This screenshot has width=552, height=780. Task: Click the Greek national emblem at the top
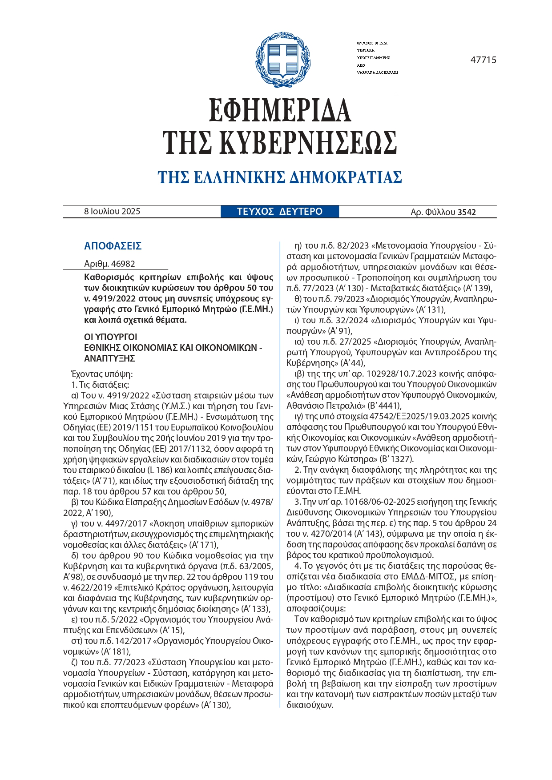point(282,60)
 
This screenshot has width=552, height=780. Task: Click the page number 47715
point(483,60)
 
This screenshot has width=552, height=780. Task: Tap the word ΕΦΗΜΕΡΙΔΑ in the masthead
point(280,111)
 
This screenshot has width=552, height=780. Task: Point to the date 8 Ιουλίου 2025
point(112,212)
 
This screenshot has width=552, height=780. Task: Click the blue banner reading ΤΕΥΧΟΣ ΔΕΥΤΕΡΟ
point(280,212)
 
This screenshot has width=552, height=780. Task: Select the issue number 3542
point(467,213)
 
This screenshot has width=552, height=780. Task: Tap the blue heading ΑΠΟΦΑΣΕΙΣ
point(113,246)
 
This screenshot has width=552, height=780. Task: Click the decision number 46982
point(123,264)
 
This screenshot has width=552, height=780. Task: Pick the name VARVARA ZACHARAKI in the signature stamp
point(377,72)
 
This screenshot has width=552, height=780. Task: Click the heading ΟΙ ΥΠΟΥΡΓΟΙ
point(111,337)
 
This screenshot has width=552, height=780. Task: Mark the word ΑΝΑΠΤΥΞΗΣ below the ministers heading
point(109,358)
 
